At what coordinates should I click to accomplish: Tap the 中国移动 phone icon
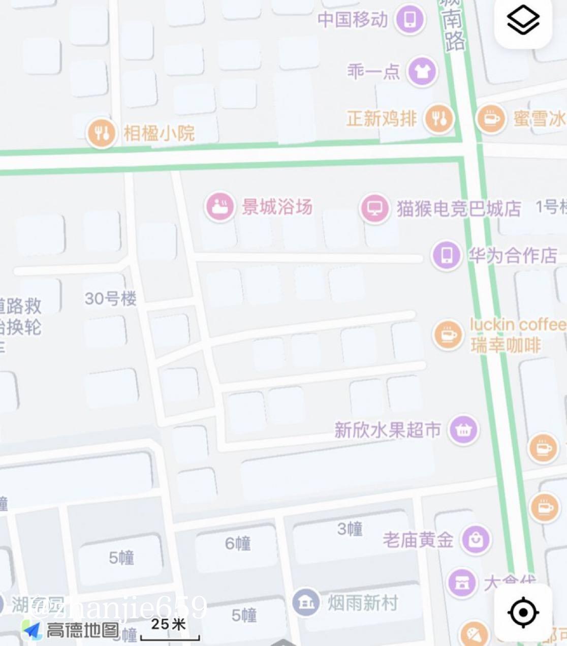[411, 20]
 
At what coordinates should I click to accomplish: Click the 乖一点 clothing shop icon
[422, 72]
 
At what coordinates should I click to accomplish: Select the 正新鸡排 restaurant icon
[439, 119]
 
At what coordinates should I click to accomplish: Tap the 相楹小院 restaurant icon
[101, 134]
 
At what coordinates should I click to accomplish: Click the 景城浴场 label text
[277, 207]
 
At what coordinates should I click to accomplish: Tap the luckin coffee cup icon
[448, 335]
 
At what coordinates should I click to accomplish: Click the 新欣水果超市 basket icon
[463, 430]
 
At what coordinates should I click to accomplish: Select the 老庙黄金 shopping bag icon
[476, 540]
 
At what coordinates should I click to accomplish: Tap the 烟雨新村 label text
[362, 603]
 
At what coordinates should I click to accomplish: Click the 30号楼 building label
[111, 298]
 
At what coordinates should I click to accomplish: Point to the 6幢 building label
[238, 543]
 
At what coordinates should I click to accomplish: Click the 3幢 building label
[350, 529]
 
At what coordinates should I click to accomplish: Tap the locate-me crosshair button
[523, 612]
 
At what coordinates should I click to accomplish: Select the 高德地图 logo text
[83, 631]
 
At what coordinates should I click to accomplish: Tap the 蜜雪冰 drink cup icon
[491, 119]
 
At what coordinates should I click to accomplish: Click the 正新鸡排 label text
[382, 119]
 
